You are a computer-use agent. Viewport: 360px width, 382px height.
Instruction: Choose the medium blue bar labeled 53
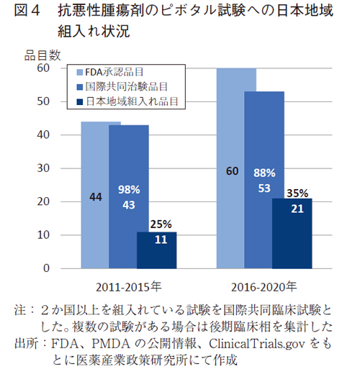(264, 216)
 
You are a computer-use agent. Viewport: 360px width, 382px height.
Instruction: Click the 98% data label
(129, 190)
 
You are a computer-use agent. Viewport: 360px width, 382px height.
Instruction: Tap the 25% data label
(157, 224)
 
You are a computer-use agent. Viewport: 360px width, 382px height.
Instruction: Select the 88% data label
(264, 173)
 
